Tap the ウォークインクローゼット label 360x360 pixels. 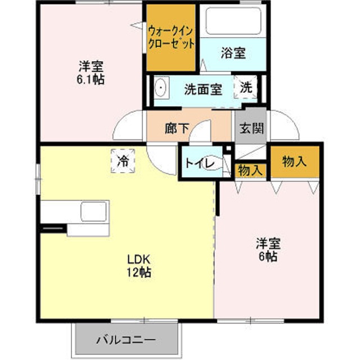tap(171, 37)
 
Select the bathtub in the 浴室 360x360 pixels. tap(233, 21)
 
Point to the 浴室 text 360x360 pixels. tap(233, 53)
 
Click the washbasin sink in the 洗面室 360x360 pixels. tap(161, 88)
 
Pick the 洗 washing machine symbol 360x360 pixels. tap(246, 88)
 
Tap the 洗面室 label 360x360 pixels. tap(203, 89)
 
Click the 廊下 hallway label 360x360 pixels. tap(177, 128)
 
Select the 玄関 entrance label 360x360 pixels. tap(251, 128)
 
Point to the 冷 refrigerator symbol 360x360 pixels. tap(123, 161)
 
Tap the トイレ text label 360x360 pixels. tap(199, 164)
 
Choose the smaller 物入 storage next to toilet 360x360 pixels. tap(250, 170)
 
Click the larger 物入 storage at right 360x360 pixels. tap(295, 162)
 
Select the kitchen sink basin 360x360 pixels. tap(94, 211)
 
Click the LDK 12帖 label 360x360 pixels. tap(139, 266)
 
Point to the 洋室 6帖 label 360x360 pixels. tap(268, 250)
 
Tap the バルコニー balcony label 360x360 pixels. tap(126, 340)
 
